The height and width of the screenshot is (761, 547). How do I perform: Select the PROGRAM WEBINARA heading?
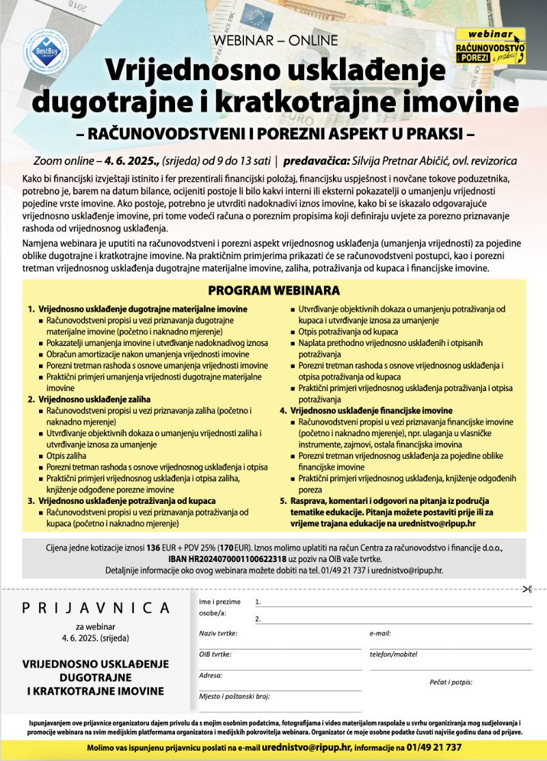click(x=274, y=290)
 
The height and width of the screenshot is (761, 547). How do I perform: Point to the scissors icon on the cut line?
click(x=526, y=589)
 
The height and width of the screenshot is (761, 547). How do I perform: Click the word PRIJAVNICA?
click(x=96, y=607)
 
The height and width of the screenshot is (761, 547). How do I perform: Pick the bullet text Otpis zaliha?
click(x=66, y=455)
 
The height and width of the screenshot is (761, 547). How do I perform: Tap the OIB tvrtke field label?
click(x=215, y=654)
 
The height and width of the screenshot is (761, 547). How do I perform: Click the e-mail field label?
click(x=380, y=633)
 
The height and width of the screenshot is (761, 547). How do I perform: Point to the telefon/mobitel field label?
click(x=393, y=654)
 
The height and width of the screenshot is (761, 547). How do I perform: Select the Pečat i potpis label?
click(x=451, y=682)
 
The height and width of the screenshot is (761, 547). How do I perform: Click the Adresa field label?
click(x=211, y=676)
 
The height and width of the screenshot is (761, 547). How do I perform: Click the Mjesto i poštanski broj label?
click(x=235, y=697)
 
